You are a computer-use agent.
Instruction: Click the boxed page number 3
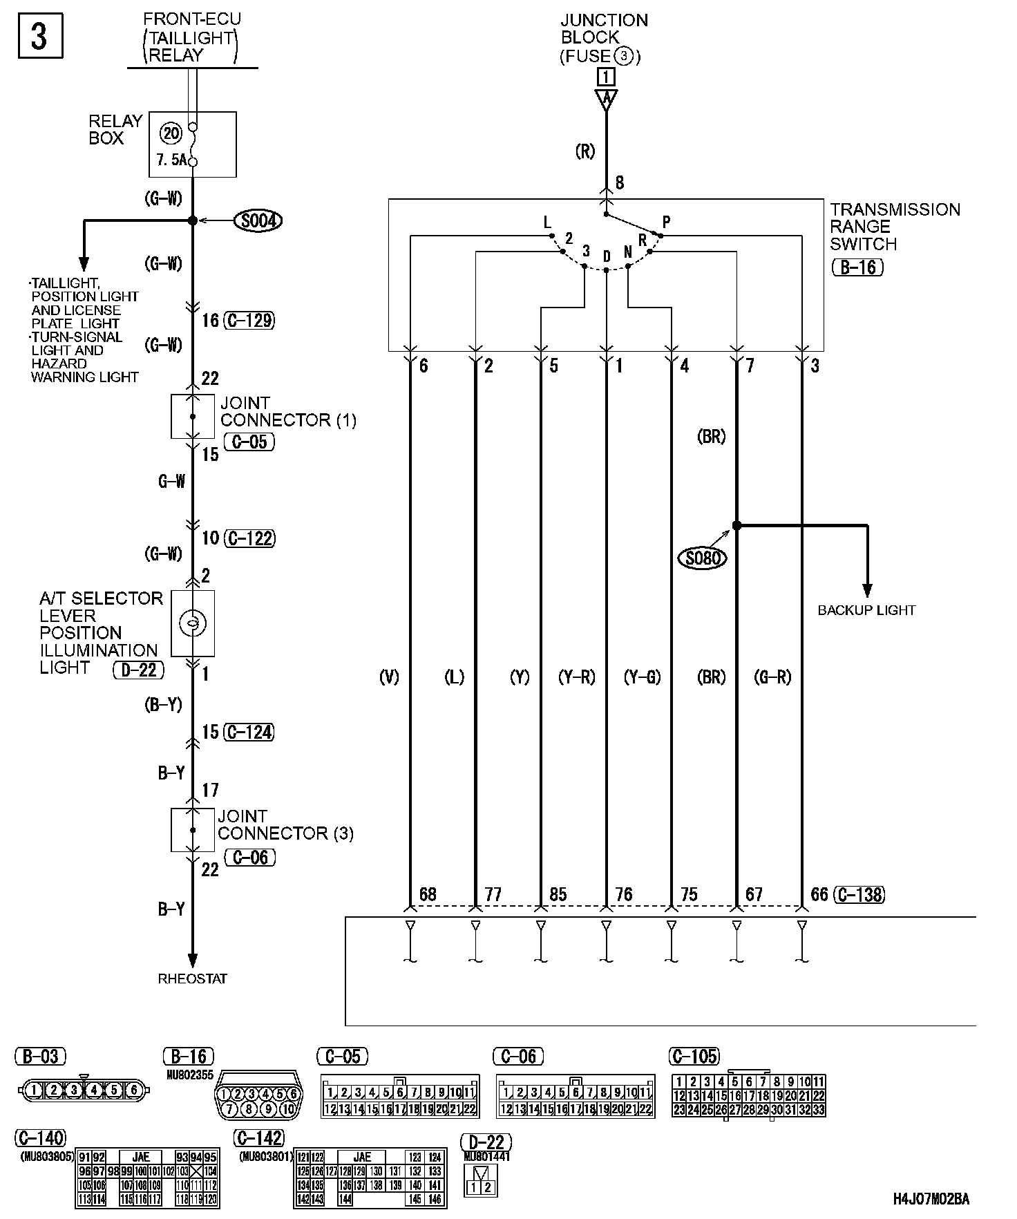click(x=39, y=36)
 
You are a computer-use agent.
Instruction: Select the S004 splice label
click(x=258, y=221)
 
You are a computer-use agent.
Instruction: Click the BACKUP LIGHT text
click(x=866, y=610)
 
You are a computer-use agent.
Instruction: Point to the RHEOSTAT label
click(x=192, y=979)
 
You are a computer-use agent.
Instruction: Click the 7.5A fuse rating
click(x=171, y=160)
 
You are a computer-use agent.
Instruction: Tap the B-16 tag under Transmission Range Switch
click(x=858, y=267)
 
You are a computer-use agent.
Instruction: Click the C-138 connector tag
click(x=859, y=895)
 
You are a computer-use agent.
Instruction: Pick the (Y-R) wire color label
click(x=576, y=677)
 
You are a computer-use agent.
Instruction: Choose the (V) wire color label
click(x=389, y=677)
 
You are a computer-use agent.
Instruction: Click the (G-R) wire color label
click(x=772, y=677)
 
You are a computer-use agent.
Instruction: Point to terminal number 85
click(x=557, y=895)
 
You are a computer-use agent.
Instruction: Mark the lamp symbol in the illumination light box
click(x=193, y=623)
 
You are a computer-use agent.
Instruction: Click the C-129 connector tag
click(x=249, y=320)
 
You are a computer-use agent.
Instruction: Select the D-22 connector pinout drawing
click(x=482, y=1183)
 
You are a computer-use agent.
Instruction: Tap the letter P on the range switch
click(x=666, y=222)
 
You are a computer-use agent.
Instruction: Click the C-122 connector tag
click(x=249, y=538)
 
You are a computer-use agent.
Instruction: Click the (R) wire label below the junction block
click(x=584, y=151)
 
